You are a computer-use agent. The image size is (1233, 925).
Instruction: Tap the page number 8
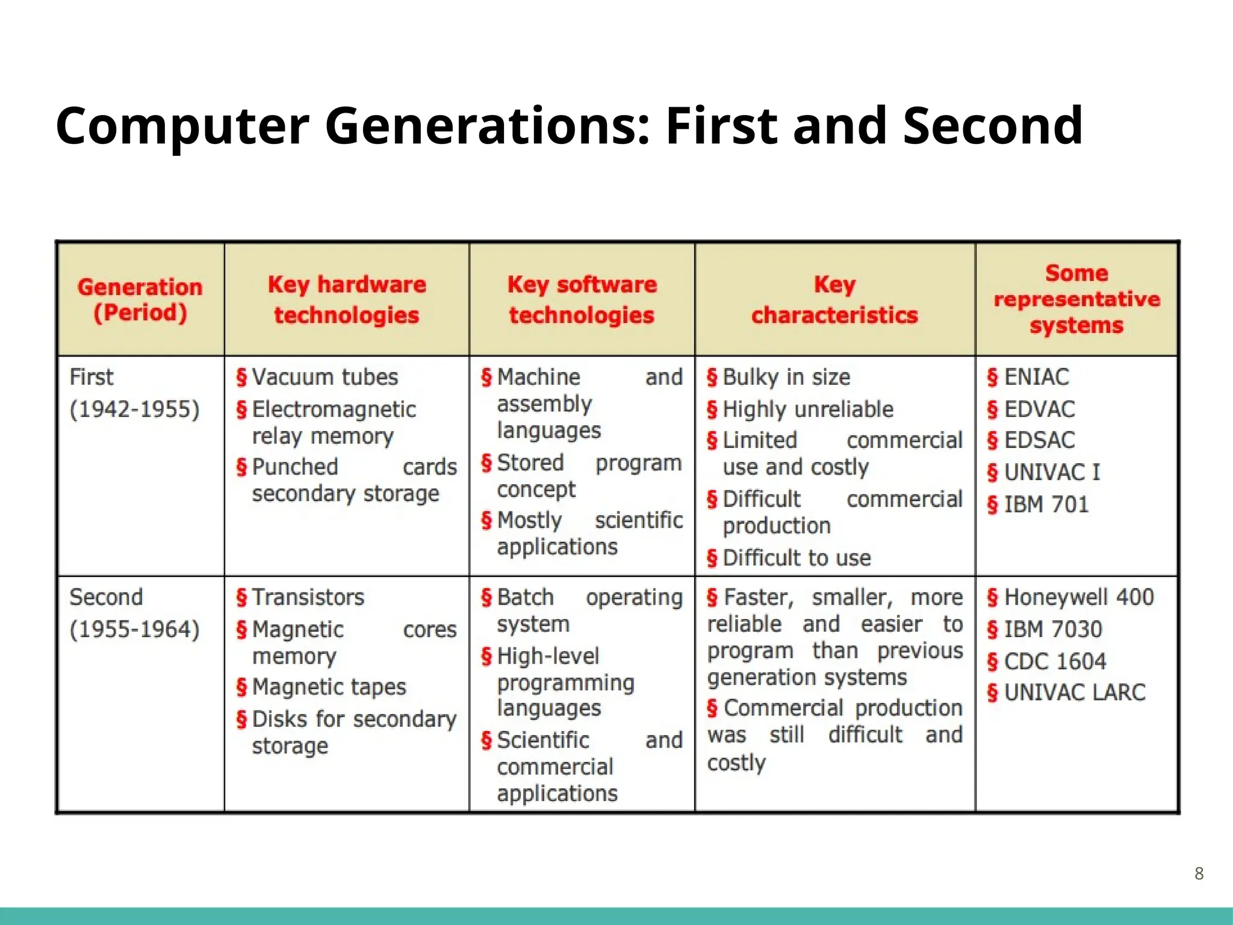click(x=1199, y=873)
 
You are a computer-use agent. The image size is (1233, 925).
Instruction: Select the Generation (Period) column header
click(x=140, y=299)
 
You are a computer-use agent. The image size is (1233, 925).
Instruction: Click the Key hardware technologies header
click(x=346, y=299)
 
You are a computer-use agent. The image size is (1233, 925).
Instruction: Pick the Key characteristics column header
click(x=834, y=299)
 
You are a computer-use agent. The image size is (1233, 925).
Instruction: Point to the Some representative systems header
click(x=1076, y=299)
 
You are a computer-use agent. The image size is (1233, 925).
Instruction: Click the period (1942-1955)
click(x=134, y=409)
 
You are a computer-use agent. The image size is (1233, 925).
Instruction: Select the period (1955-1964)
click(x=134, y=629)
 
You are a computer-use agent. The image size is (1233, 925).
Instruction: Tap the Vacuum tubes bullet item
click(x=325, y=377)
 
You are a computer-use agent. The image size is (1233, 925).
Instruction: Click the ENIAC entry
click(x=1036, y=377)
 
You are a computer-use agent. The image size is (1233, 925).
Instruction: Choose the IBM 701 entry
click(x=1046, y=504)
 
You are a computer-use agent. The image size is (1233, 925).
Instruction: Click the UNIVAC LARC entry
click(x=1074, y=693)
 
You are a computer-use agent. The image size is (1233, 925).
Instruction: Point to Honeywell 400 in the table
click(x=1078, y=597)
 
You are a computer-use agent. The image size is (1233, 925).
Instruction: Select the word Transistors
click(x=308, y=597)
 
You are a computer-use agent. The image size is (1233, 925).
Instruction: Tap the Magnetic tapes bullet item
click(x=329, y=687)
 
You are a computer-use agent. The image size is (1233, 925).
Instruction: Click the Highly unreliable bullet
click(x=807, y=409)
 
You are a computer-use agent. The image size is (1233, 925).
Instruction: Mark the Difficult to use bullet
click(x=796, y=558)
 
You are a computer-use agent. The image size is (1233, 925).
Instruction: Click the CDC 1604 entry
click(x=1055, y=661)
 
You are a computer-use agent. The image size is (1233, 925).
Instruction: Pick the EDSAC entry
click(x=1039, y=440)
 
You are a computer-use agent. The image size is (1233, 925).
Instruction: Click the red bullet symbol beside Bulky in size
click(x=712, y=378)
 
